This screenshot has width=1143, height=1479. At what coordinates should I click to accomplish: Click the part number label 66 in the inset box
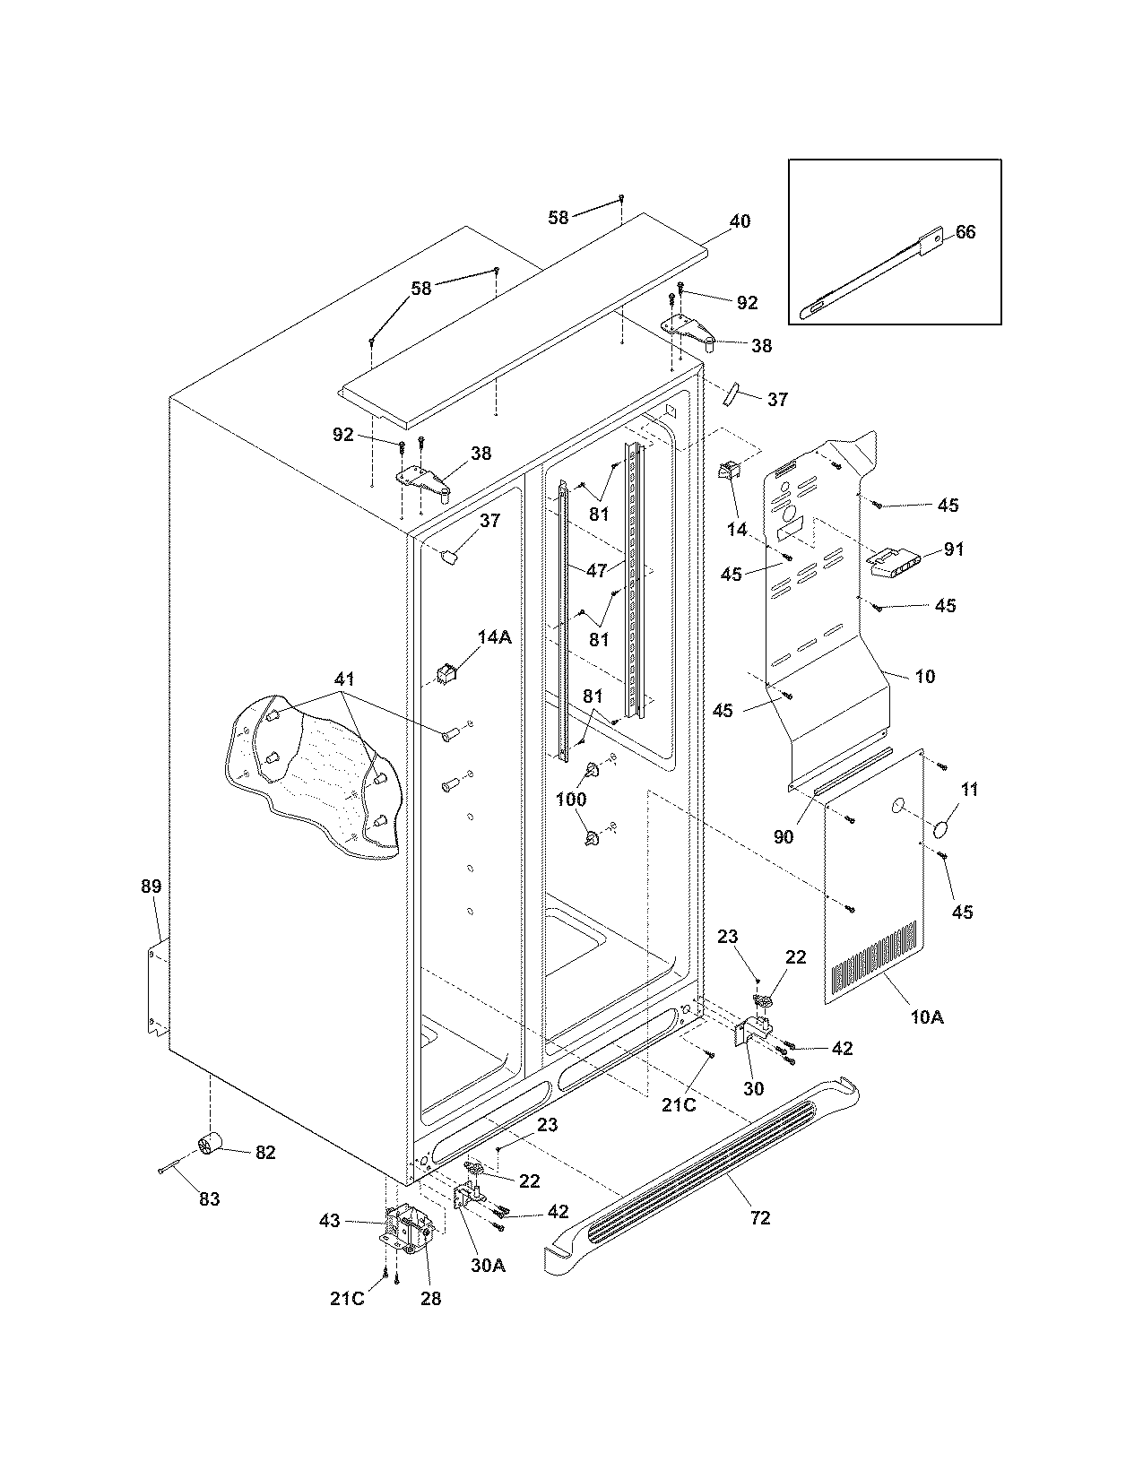coord(965,232)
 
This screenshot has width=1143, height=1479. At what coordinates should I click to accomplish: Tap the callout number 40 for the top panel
coord(740,221)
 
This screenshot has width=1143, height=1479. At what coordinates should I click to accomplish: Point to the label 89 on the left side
coord(151,887)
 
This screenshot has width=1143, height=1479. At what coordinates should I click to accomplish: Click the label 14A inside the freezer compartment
coord(494,637)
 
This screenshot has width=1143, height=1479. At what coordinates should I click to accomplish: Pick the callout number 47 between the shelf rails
coord(597,569)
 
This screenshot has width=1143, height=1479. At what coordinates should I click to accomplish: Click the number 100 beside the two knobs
coord(571,799)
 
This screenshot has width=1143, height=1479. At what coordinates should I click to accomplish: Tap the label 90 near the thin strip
coord(783,837)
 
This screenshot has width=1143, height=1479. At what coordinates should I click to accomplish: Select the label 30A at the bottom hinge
coord(488,1266)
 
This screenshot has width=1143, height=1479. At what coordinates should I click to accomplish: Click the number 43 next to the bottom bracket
coord(331,1221)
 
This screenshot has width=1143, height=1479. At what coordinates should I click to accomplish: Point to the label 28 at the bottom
coord(430,1298)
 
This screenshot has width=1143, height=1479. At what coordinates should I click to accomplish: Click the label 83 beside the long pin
coord(208,1199)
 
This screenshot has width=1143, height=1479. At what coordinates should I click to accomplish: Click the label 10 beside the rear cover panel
coord(925,676)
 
